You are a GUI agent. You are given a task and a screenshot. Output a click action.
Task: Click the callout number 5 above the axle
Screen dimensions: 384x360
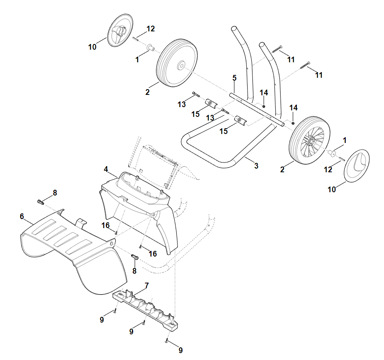[x=235, y=78]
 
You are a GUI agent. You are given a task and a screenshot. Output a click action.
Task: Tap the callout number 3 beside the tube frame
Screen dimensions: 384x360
[x=256, y=166]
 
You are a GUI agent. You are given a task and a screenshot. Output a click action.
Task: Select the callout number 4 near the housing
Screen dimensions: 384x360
[x=106, y=169]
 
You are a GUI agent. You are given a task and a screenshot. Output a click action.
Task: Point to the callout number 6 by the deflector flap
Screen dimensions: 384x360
[x=22, y=216]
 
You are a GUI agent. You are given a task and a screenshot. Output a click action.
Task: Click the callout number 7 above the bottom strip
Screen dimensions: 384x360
[x=147, y=285]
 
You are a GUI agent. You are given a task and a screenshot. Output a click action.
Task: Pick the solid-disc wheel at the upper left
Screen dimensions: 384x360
[x=177, y=63]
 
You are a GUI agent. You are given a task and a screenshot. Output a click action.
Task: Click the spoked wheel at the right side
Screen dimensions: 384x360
[x=309, y=140]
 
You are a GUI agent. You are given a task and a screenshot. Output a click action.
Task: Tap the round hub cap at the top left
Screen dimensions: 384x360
[x=120, y=30]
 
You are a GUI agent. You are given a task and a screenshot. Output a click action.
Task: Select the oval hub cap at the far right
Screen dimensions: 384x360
[x=357, y=166]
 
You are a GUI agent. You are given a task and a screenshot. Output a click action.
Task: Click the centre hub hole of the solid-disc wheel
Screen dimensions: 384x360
[x=181, y=66]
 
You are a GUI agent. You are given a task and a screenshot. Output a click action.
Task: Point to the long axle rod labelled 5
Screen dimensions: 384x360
[x=257, y=110]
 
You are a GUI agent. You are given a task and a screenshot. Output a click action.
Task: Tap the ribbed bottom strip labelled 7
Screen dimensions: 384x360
[x=145, y=310]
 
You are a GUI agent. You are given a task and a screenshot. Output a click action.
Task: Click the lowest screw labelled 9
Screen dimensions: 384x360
[x=167, y=340]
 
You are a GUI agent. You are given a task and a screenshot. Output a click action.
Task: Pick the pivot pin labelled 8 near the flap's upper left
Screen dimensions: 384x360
[x=40, y=202]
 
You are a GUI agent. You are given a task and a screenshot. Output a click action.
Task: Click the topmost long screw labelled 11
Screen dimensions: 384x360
[x=277, y=49]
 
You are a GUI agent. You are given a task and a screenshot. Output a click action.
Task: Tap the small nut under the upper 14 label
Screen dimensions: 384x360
[x=264, y=106]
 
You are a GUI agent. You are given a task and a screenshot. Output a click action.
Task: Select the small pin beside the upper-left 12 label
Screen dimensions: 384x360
[x=136, y=39]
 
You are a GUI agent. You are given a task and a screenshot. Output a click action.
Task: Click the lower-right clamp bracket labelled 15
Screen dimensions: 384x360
[x=241, y=120]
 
